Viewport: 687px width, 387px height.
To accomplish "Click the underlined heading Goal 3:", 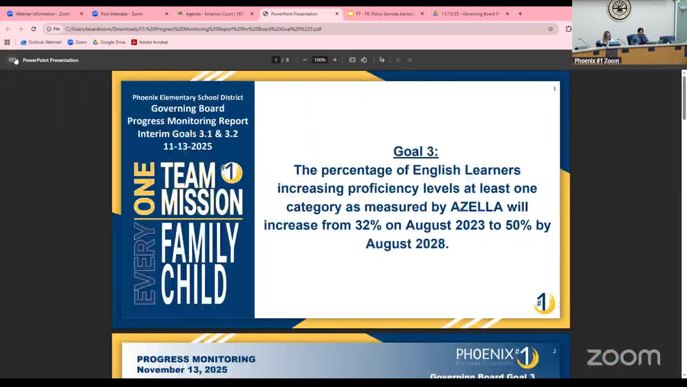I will tap(415, 152).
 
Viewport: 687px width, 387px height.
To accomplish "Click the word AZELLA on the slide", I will tap(476, 207).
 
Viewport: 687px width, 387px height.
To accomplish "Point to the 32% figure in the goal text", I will tap(368, 225).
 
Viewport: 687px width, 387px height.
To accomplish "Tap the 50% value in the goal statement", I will tap(518, 225).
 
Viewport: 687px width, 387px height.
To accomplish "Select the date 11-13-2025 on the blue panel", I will tap(187, 146).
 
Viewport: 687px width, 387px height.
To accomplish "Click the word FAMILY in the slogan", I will tap(200, 242).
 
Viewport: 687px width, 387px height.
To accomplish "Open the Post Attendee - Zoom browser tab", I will tap(122, 14).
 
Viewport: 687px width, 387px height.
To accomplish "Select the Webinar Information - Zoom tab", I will tap(43, 14).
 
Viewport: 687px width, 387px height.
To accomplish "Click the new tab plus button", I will tap(520, 13).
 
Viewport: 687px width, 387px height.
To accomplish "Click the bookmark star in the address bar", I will tap(550, 29).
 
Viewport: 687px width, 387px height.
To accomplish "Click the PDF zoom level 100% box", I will tap(319, 60).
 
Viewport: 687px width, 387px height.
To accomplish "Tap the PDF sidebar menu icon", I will tap(12, 60).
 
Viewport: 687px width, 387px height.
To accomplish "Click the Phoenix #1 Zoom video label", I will tap(597, 61).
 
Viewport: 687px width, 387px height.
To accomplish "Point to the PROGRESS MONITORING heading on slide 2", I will tap(196, 359).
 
